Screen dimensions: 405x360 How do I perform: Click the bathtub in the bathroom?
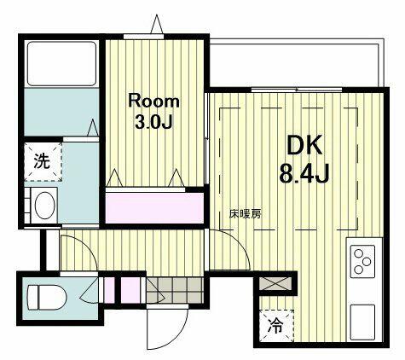coord(61,63)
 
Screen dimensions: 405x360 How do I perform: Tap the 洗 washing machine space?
coord(43,162)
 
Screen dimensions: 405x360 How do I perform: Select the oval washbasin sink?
coord(44,206)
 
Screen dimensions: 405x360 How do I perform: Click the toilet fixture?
coord(46,297)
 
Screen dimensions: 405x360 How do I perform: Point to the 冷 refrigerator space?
coord(276,326)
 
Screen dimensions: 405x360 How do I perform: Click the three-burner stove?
coord(362,261)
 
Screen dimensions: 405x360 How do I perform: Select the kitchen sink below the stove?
coord(362,322)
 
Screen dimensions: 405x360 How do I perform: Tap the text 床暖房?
coord(245,214)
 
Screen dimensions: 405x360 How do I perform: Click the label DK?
coord(304,145)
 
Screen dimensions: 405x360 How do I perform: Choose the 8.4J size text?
coord(304,173)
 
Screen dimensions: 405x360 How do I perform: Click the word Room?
coord(153,101)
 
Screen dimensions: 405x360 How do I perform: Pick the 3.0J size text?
coord(153,121)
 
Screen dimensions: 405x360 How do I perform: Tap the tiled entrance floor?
coord(175,290)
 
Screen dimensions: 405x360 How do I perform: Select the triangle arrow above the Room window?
coord(157,24)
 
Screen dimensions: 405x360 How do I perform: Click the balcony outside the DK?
coord(296,62)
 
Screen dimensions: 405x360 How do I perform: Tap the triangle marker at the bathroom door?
coord(93,127)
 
